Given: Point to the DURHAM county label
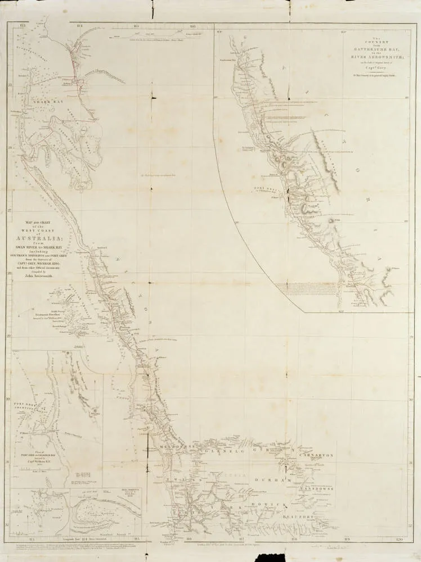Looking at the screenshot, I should pyautogui.click(x=273, y=482).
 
